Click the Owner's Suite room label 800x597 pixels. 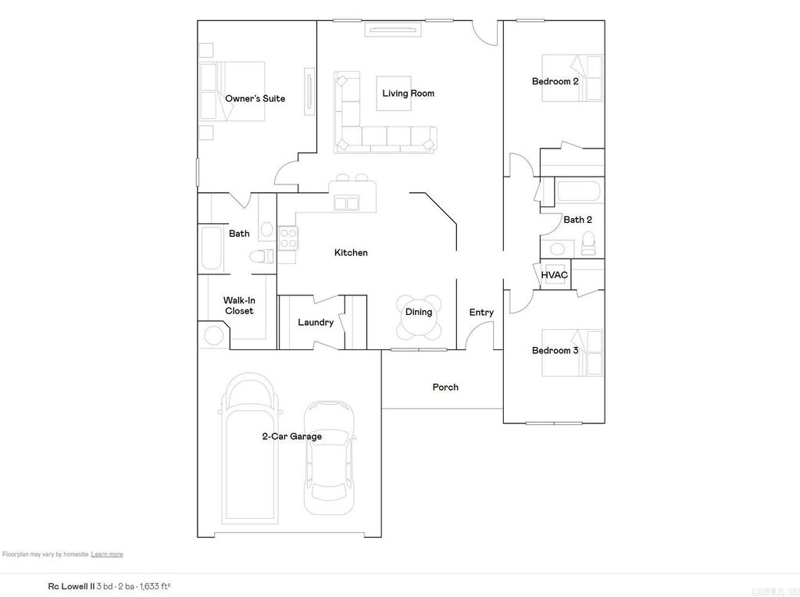(x=255, y=99)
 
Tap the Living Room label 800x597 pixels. (x=408, y=94)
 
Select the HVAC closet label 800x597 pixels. (x=554, y=276)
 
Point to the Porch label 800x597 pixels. (x=445, y=388)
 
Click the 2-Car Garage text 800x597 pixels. (x=291, y=437)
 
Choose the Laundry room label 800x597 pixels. (x=316, y=323)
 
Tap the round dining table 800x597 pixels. (x=419, y=316)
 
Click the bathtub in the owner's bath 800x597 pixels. (x=212, y=249)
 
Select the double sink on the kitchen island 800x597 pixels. (x=346, y=204)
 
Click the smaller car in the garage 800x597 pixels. (x=329, y=457)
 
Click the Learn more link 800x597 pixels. (x=107, y=554)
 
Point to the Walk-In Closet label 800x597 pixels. (x=239, y=306)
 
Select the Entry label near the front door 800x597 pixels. (x=481, y=313)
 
